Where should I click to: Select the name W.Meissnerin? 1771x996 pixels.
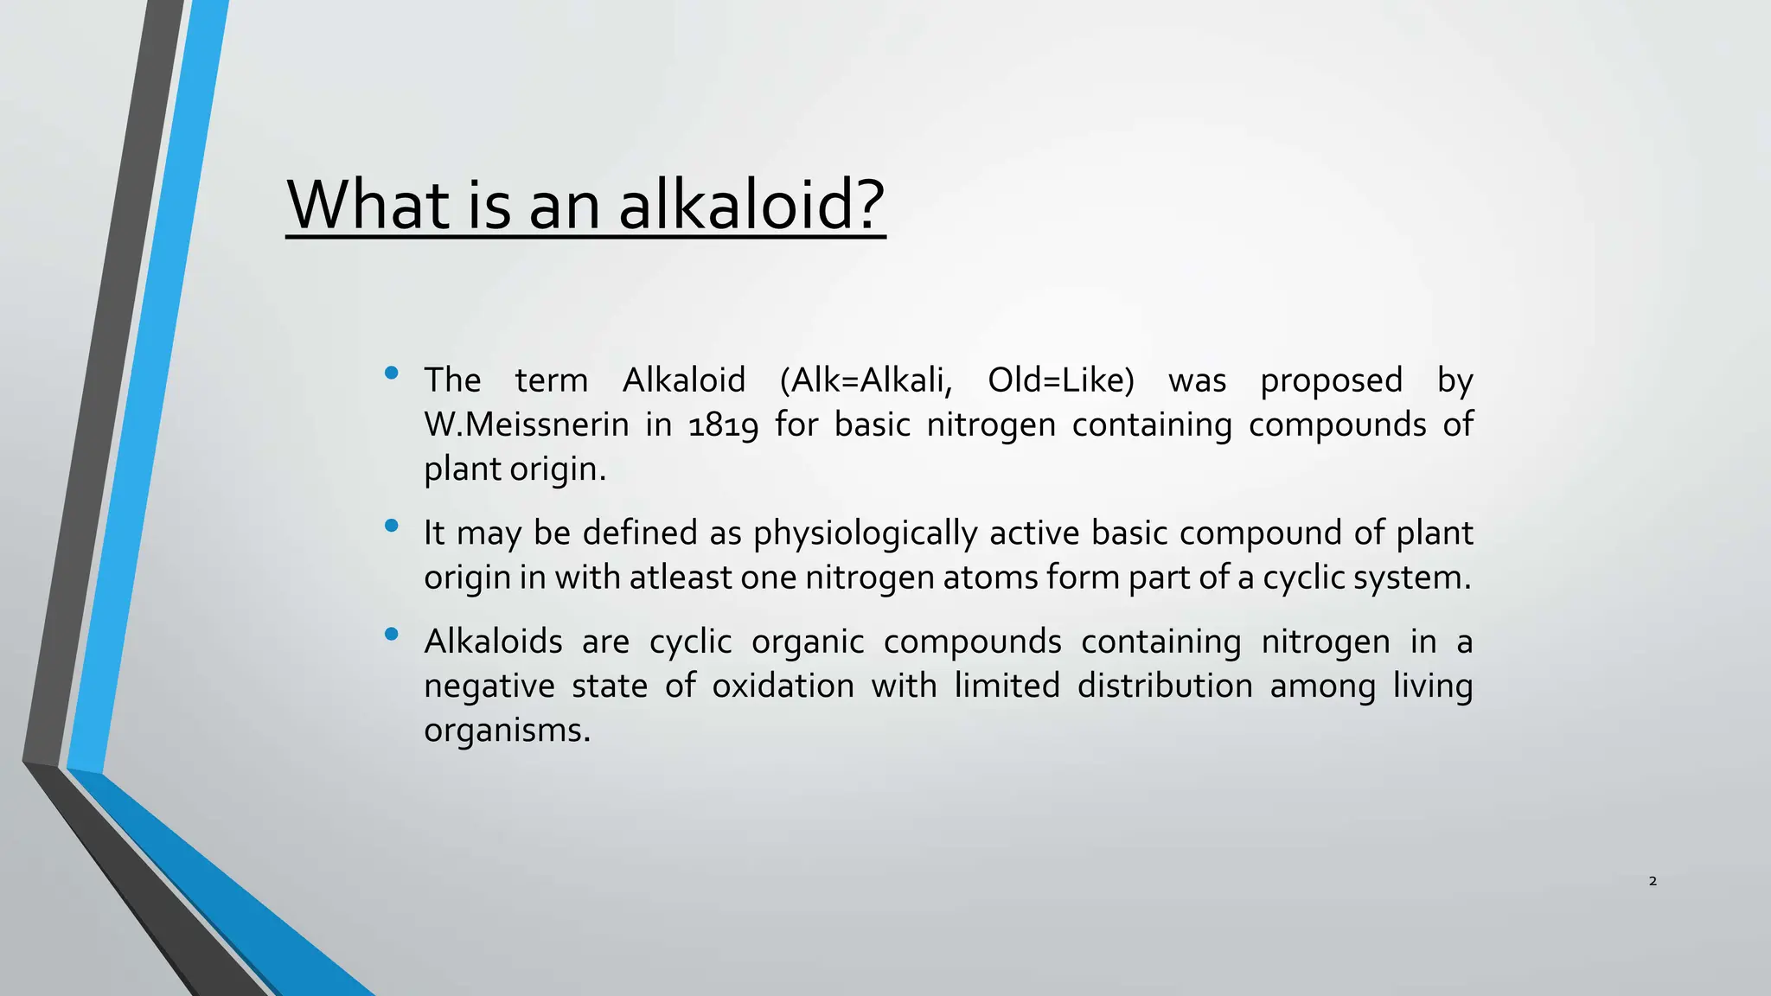tap(527, 425)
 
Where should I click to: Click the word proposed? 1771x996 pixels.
tap(1331, 380)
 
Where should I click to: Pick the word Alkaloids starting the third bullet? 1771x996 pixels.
tap(493, 642)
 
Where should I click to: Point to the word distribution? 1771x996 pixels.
tap(1165, 686)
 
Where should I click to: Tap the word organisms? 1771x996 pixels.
tap(507, 731)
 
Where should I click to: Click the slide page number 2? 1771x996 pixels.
tap(1653, 881)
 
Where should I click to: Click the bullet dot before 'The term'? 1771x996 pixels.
tap(391, 373)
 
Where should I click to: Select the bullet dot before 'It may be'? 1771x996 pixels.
tap(391, 526)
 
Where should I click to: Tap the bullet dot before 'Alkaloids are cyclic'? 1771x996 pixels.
tap(391, 635)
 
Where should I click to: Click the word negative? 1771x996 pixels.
tap(489, 686)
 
